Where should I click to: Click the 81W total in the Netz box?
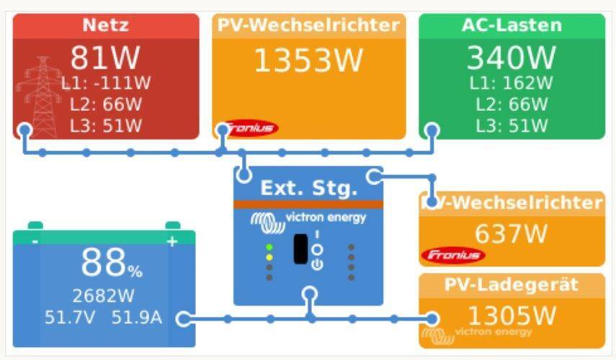pyautogui.click(x=105, y=58)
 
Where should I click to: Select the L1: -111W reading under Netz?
pyautogui.click(x=106, y=83)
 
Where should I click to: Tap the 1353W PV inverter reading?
pyautogui.click(x=309, y=60)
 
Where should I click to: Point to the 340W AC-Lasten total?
pyautogui.click(x=512, y=58)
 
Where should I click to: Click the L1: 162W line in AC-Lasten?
pyautogui.click(x=511, y=83)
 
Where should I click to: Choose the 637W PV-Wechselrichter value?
pyautogui.click(x=511, y=234)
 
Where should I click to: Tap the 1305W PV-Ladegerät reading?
pyautogui.click(x=512, y=315)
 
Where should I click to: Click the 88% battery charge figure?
pyautogui.click(x=112, y=263)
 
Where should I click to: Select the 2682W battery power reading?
pyautogui.click(x=103, y=296)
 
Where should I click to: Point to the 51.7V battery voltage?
pyautogui.click(x=70, y=318)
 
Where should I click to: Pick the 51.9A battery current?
pyautogui.click(x=137, y=318)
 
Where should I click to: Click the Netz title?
pyautogui.click(x=106, y=25)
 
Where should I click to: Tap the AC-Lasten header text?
pyautogui.click(x=512, y=25)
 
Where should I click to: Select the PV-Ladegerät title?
pyautogui.click(x=511, y=285)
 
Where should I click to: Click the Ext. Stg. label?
pyautogui.click(x=309, y=188)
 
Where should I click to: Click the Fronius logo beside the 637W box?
pyautogui.click(x=453, y=256)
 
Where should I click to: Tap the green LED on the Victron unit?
pyautogui.click(x=269, y=248)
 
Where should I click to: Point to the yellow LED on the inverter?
pyautogui.click(x=269, y=258)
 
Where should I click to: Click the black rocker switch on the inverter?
pyautogui.click(x=300, y=249)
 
